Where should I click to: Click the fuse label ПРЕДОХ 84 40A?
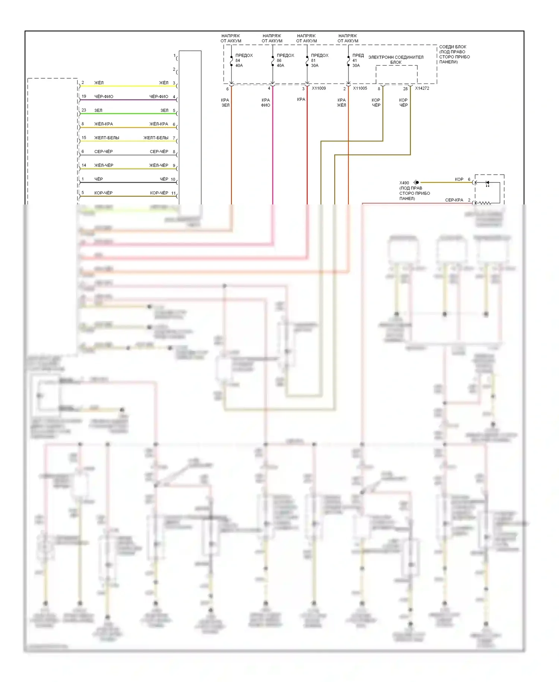243,60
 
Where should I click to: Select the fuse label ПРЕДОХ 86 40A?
285,60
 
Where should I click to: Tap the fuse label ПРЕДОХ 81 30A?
319,60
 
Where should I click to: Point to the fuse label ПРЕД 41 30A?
358,60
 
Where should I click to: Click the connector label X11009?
319,88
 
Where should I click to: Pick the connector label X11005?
360,88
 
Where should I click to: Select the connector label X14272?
422,88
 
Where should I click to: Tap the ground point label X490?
404,183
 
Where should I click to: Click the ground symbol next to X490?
416,182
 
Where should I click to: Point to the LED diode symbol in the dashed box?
487,183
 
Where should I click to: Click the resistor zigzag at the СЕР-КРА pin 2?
484,203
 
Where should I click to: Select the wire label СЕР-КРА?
454,200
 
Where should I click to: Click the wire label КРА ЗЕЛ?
225,103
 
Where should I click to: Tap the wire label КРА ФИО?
265,103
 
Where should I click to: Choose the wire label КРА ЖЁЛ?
341,103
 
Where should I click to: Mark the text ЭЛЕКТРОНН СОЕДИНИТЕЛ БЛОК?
396,60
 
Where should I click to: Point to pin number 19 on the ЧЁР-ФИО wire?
84,96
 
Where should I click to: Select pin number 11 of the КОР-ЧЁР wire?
173,193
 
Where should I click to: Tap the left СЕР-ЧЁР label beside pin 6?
103,151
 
